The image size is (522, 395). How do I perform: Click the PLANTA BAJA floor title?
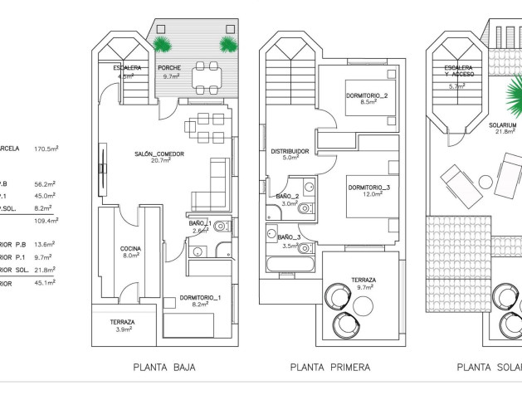[164, 366]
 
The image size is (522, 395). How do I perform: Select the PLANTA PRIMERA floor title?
[330, 366]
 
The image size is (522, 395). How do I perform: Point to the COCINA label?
[129, 248]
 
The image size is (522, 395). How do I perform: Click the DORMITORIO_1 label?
[200, 297]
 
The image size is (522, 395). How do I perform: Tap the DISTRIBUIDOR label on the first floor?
[290, 151]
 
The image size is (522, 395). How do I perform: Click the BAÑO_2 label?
[287, 196]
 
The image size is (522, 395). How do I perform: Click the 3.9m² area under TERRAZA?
[122, 329]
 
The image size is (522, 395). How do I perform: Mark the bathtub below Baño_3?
[288, 267]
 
